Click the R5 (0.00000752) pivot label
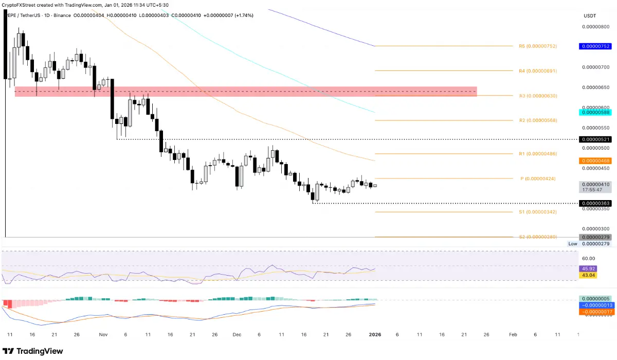538,46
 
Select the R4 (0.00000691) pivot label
538,71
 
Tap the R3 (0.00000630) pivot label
538,96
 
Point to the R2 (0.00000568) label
538,120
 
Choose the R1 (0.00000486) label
538,154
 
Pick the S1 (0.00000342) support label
538,212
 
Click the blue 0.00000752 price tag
595,46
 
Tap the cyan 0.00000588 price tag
595,112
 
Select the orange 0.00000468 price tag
595,161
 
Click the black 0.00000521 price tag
595,139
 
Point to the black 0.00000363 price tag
595,204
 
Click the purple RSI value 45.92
588,269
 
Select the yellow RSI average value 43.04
588,276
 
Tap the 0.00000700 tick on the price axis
595,67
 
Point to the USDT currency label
589,16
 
